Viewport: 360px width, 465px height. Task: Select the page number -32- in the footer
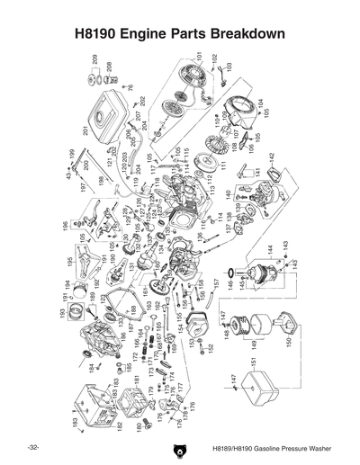pyautogui.click(x=33, y=447)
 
